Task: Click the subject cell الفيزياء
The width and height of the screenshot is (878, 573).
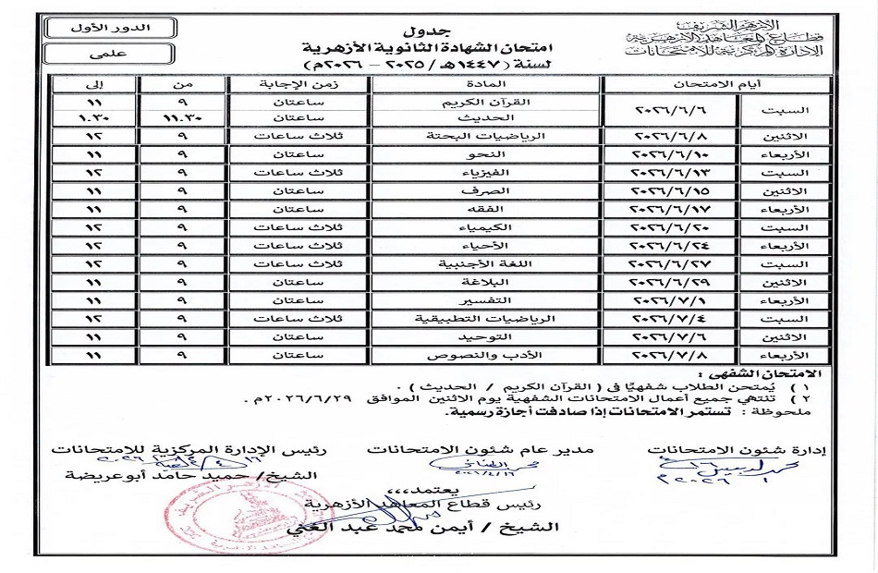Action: (x=488, y=173)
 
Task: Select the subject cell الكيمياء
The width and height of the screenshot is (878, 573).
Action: (x=488, y=227)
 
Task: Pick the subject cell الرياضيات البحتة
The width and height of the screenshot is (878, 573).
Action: (x=488, y=137)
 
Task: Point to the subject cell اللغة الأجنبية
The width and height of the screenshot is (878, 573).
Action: (x=488, y=263)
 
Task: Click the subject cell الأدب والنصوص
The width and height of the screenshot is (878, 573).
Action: (x=488, y=355)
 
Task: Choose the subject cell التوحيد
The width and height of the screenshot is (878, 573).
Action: (x=488, y=336)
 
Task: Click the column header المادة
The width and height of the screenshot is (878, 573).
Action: (x=488, y=82)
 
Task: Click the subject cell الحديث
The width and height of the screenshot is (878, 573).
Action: (x=488, y=118)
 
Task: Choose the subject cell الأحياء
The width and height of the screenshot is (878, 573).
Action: (x=488, y=246)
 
